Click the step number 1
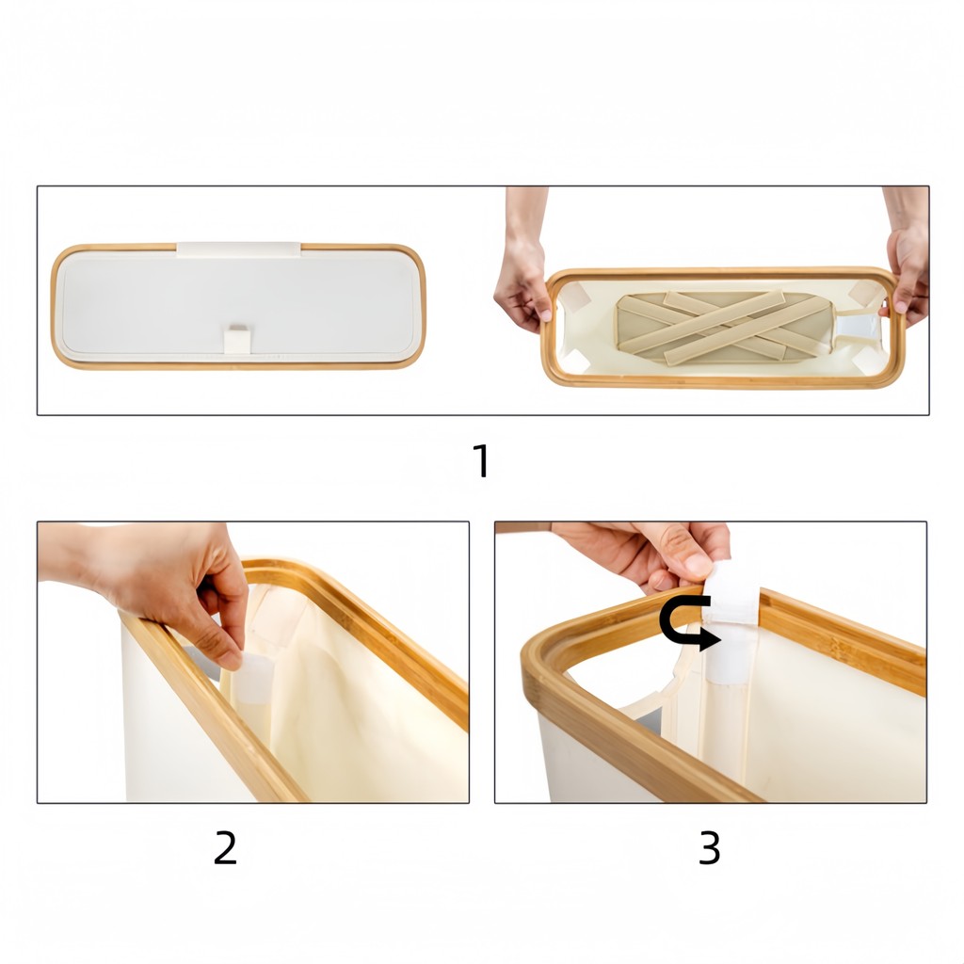point(482,460)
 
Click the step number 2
point(225,848)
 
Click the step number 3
point(710,848)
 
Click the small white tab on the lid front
point(237,339)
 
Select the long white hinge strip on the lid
point(238,249)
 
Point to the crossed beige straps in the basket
point(724,327)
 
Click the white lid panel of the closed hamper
point(238,304)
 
